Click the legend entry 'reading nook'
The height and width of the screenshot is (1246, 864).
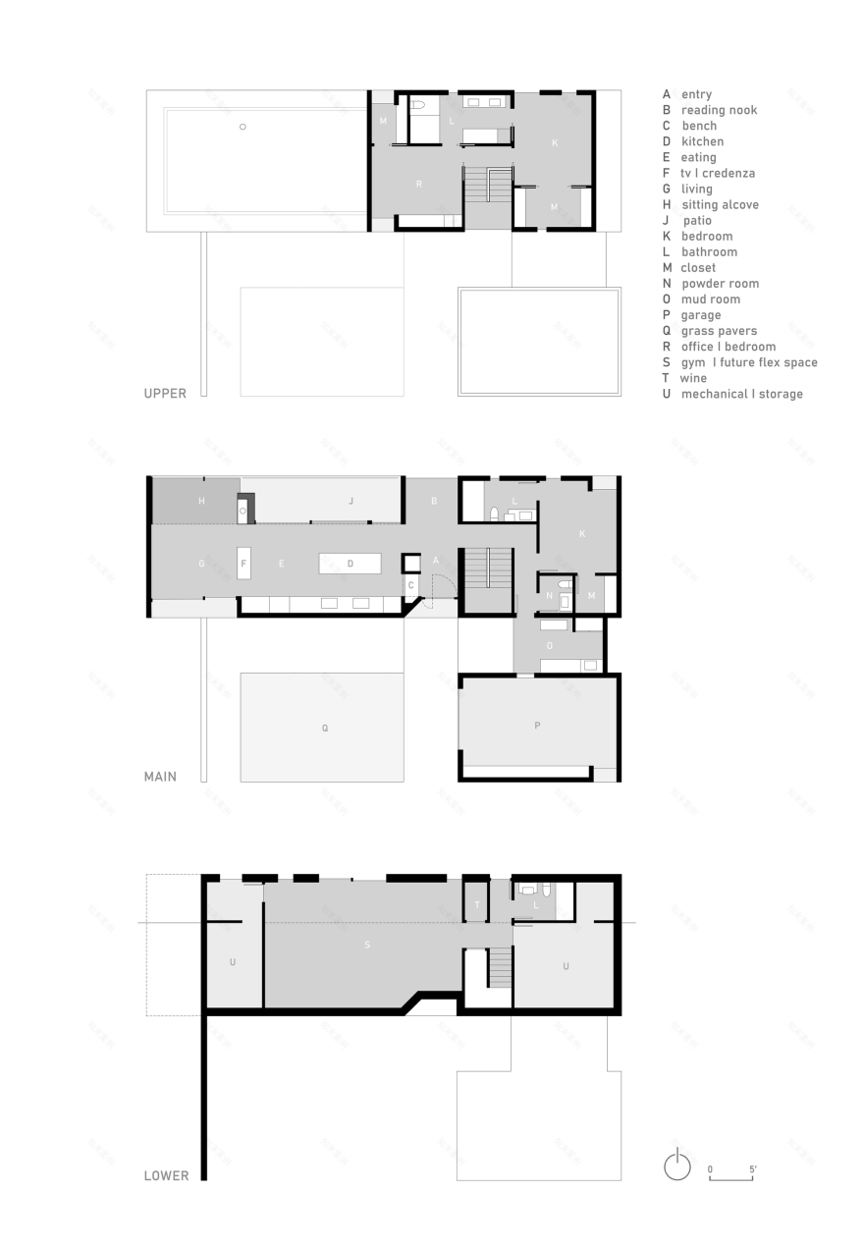pyautogui.click(x=719, y=110)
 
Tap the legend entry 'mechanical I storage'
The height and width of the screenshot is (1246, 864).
pyautogui.click(x=741, y=394)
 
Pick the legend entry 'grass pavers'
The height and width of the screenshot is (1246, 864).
pyautogui.click(x=719, y=331)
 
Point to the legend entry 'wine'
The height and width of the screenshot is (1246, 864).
pyautogui.click(x=693, y=378)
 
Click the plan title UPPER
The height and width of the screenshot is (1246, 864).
pyautogui.click(x=165, y=394)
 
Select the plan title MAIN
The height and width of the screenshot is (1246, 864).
pyautogui.click(x=160, y=777)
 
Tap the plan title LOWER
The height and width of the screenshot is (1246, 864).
pyautogui.click(x=166, y=1175)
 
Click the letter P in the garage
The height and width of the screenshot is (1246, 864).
pyautogui.click(x=537, y=726)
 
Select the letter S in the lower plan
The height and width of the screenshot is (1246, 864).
pyautogui.click(x=367, y=945)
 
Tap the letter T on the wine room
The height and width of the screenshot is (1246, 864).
pyautogui.click(x=476, y=905)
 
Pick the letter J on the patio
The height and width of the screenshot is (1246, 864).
pyautogui.click(x=351, y=501)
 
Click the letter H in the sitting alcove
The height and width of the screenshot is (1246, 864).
pyautogui.click(x=200, y=501)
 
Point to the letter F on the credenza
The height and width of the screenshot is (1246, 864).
pyautogui.click(x=243, y=564)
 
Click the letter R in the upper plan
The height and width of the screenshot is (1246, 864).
pyautogui.click(x=418, y=184)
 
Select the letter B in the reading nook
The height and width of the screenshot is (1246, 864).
pyautogui.click(x=434, y=501)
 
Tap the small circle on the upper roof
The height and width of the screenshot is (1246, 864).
pyautogui.click(x=243, y=127)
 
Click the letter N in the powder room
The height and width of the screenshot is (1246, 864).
pyautogui.click(x=549, y=596)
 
